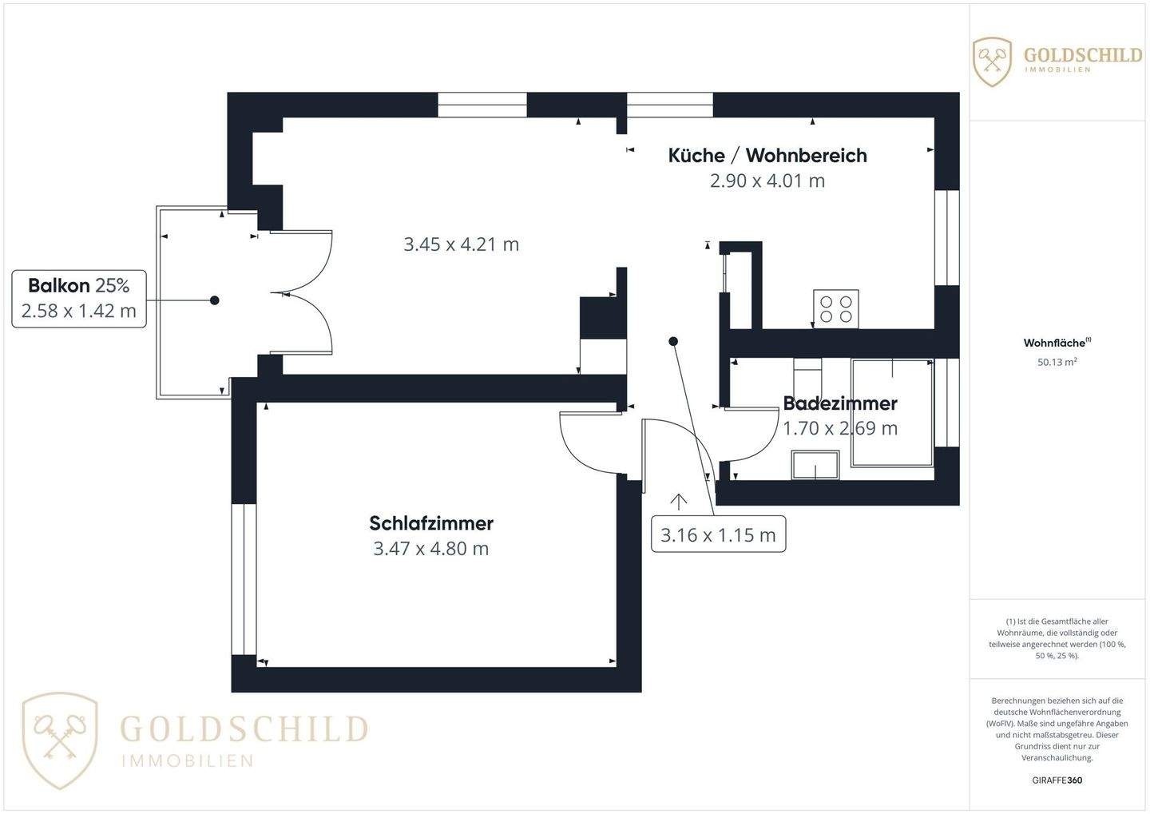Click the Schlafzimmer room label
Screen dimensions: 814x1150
coord(431,523)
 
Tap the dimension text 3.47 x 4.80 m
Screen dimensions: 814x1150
coord(431,549)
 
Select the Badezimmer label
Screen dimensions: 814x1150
coord(840,403)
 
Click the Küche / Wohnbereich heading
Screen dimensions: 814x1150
coord(767,155)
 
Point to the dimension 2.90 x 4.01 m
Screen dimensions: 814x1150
coord(767,181)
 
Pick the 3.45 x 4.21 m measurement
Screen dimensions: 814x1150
coord(462,244)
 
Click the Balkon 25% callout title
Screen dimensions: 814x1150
coord(78,285)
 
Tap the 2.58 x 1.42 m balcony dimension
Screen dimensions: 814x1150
coord(78,311)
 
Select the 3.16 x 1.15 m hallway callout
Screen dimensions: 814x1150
coord(718,534)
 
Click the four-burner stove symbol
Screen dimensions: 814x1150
coord(836,309)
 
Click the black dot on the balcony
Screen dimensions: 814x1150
coord(214,300)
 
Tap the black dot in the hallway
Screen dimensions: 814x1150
coord(673,342)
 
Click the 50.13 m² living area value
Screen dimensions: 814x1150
coord(1057,362)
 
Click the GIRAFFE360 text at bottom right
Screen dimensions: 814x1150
coord(1057,780)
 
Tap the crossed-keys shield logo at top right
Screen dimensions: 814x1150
coord(993,62)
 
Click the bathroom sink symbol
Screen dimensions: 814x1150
coord(815,465)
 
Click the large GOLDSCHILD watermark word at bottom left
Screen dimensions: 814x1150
coord(244,729)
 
